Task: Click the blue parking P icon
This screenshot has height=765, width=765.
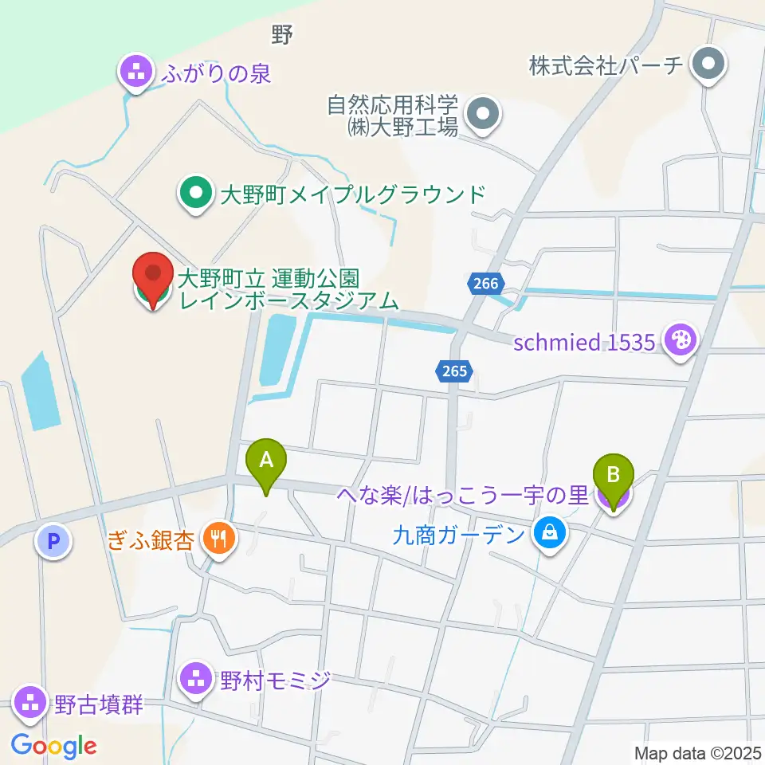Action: tap(54, 543)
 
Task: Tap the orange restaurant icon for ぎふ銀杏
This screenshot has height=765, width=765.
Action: tap(218, 539)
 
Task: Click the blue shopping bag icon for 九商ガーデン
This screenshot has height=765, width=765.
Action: tap(549, 532)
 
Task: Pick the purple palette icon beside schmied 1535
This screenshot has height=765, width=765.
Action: tap(681, 342)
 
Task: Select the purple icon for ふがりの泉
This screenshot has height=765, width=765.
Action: tap(136, 73)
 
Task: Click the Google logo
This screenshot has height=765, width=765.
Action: tap(54, 746)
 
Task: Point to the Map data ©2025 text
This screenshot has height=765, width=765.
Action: tap(697, 752)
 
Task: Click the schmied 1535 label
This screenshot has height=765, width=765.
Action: tap(585, 343)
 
